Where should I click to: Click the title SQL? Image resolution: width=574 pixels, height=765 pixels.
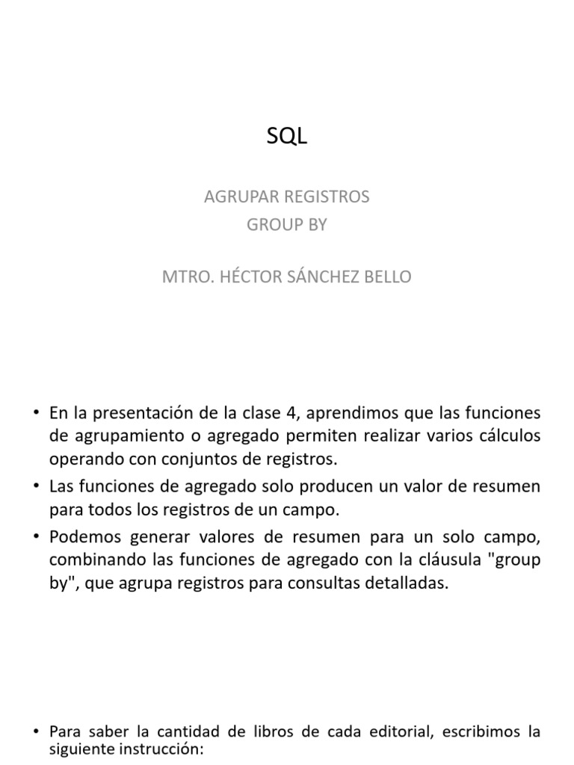(287, 137)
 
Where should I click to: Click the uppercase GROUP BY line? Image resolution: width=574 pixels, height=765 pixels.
(287, 225)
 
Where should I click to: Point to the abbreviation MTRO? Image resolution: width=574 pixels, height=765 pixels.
(186, 276)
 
